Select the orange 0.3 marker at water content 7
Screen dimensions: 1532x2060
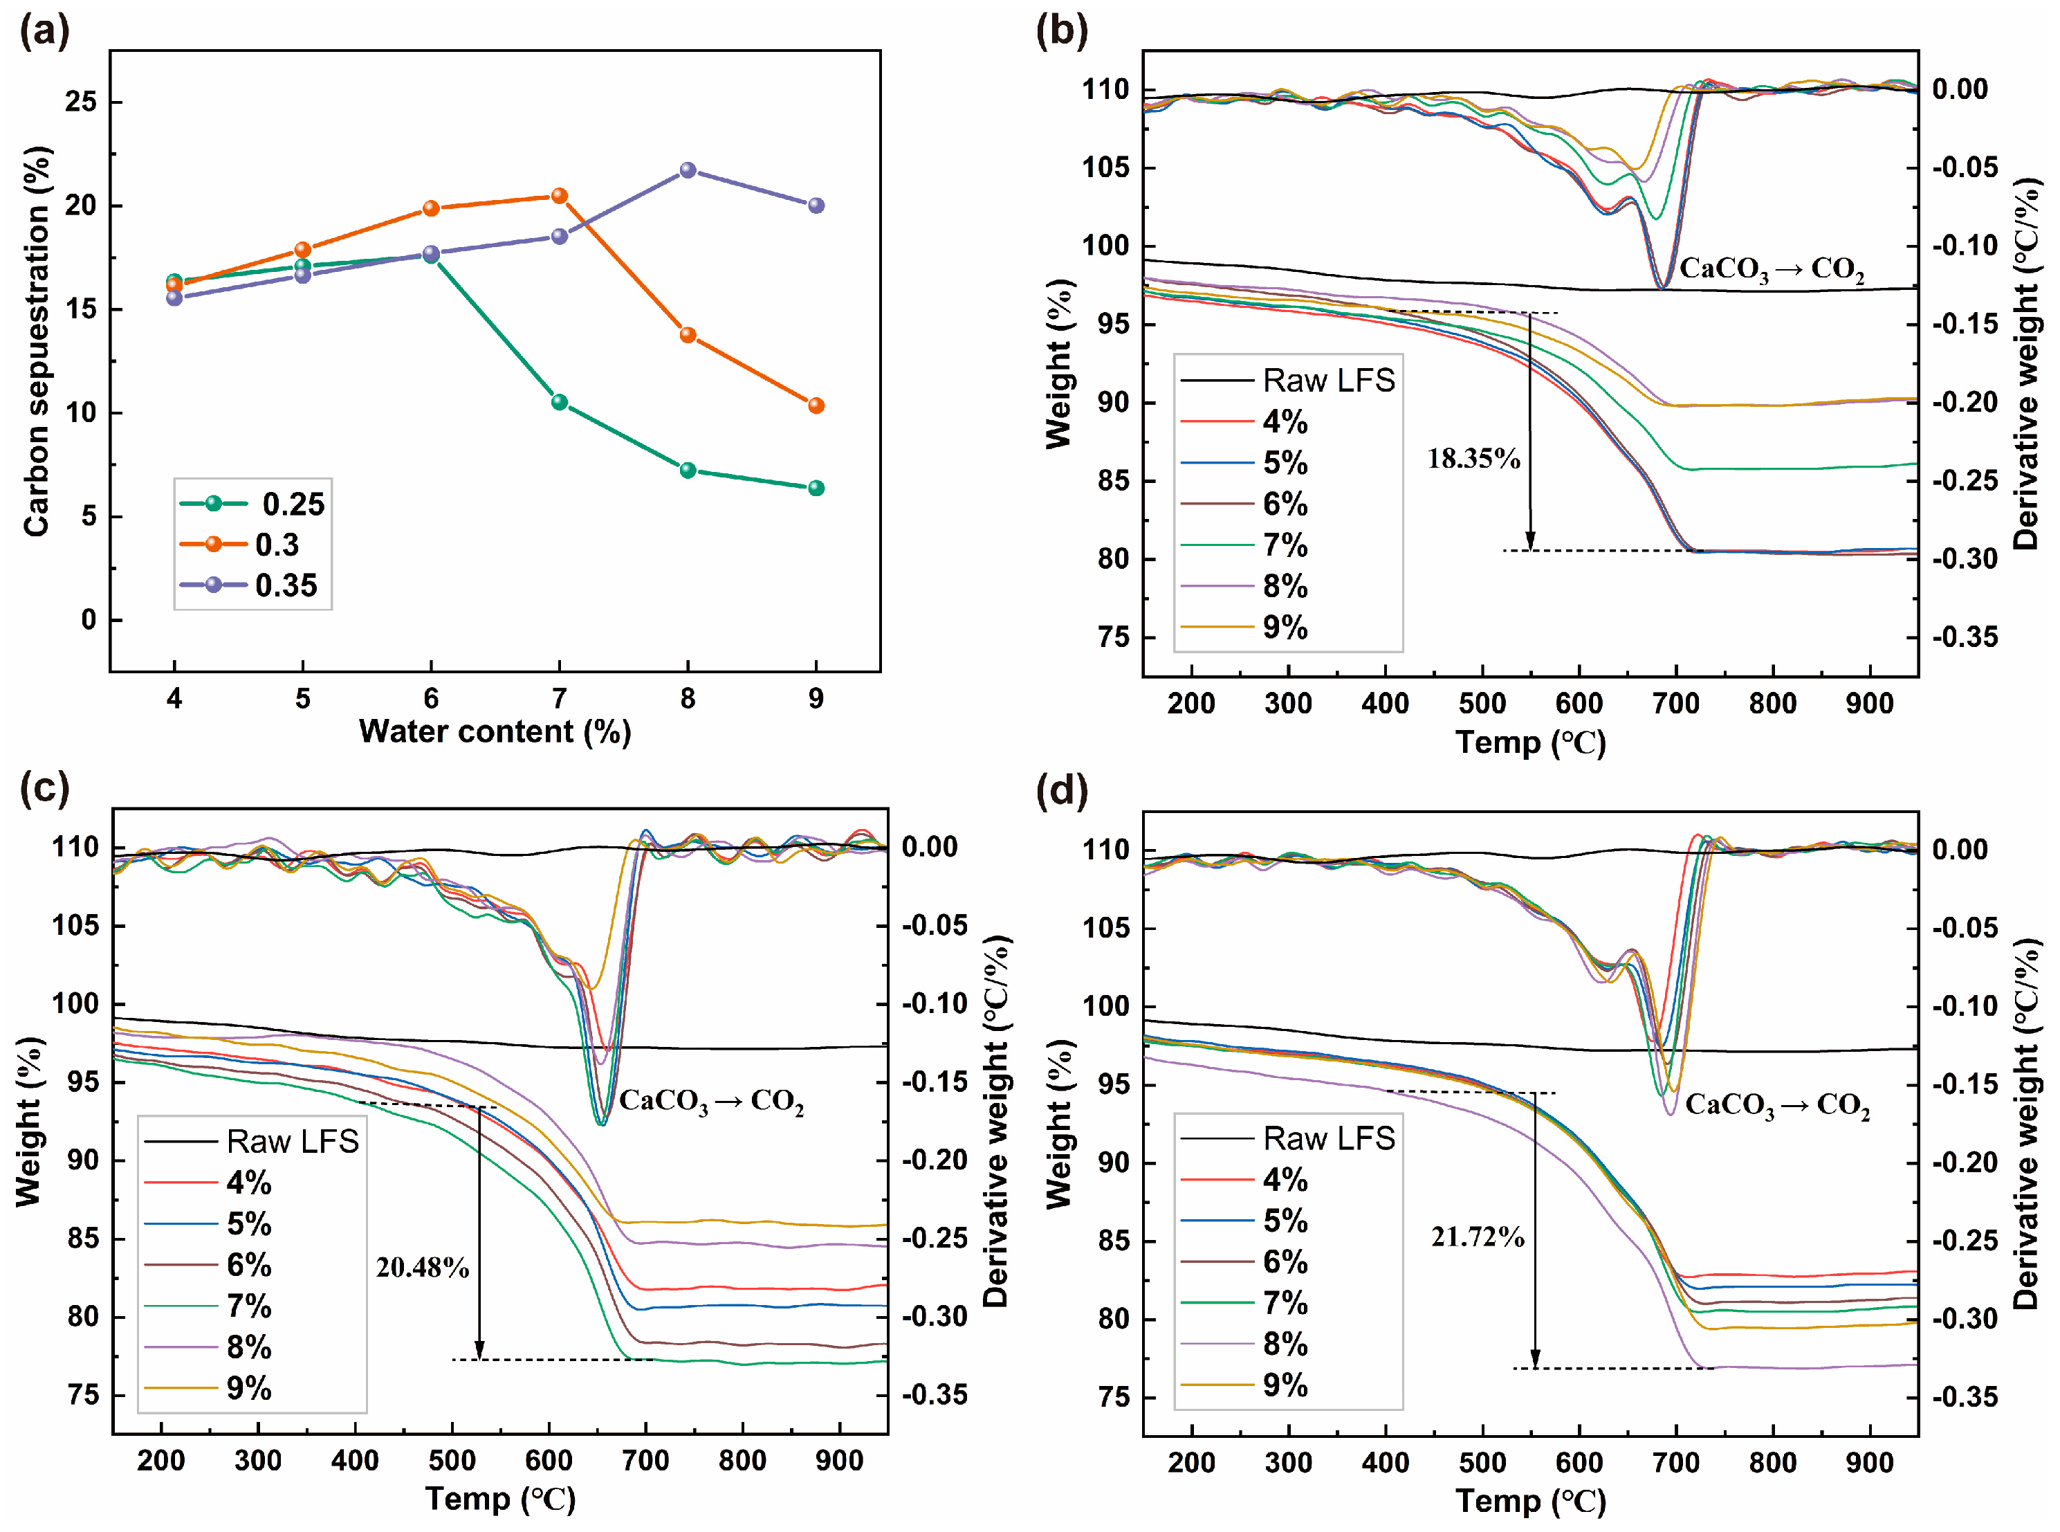559,196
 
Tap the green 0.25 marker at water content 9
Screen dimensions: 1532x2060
816,488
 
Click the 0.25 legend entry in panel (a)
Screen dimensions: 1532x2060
252,504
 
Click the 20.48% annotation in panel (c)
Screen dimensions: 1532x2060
422,1267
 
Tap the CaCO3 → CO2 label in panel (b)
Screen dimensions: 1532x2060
1771,269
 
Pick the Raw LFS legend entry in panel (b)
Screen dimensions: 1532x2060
1289,380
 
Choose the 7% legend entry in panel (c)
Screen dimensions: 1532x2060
210,1306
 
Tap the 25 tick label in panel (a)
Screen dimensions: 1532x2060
81,101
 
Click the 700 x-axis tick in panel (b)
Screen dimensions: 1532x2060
1675,703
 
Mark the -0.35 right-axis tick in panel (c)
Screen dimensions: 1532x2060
934,1395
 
